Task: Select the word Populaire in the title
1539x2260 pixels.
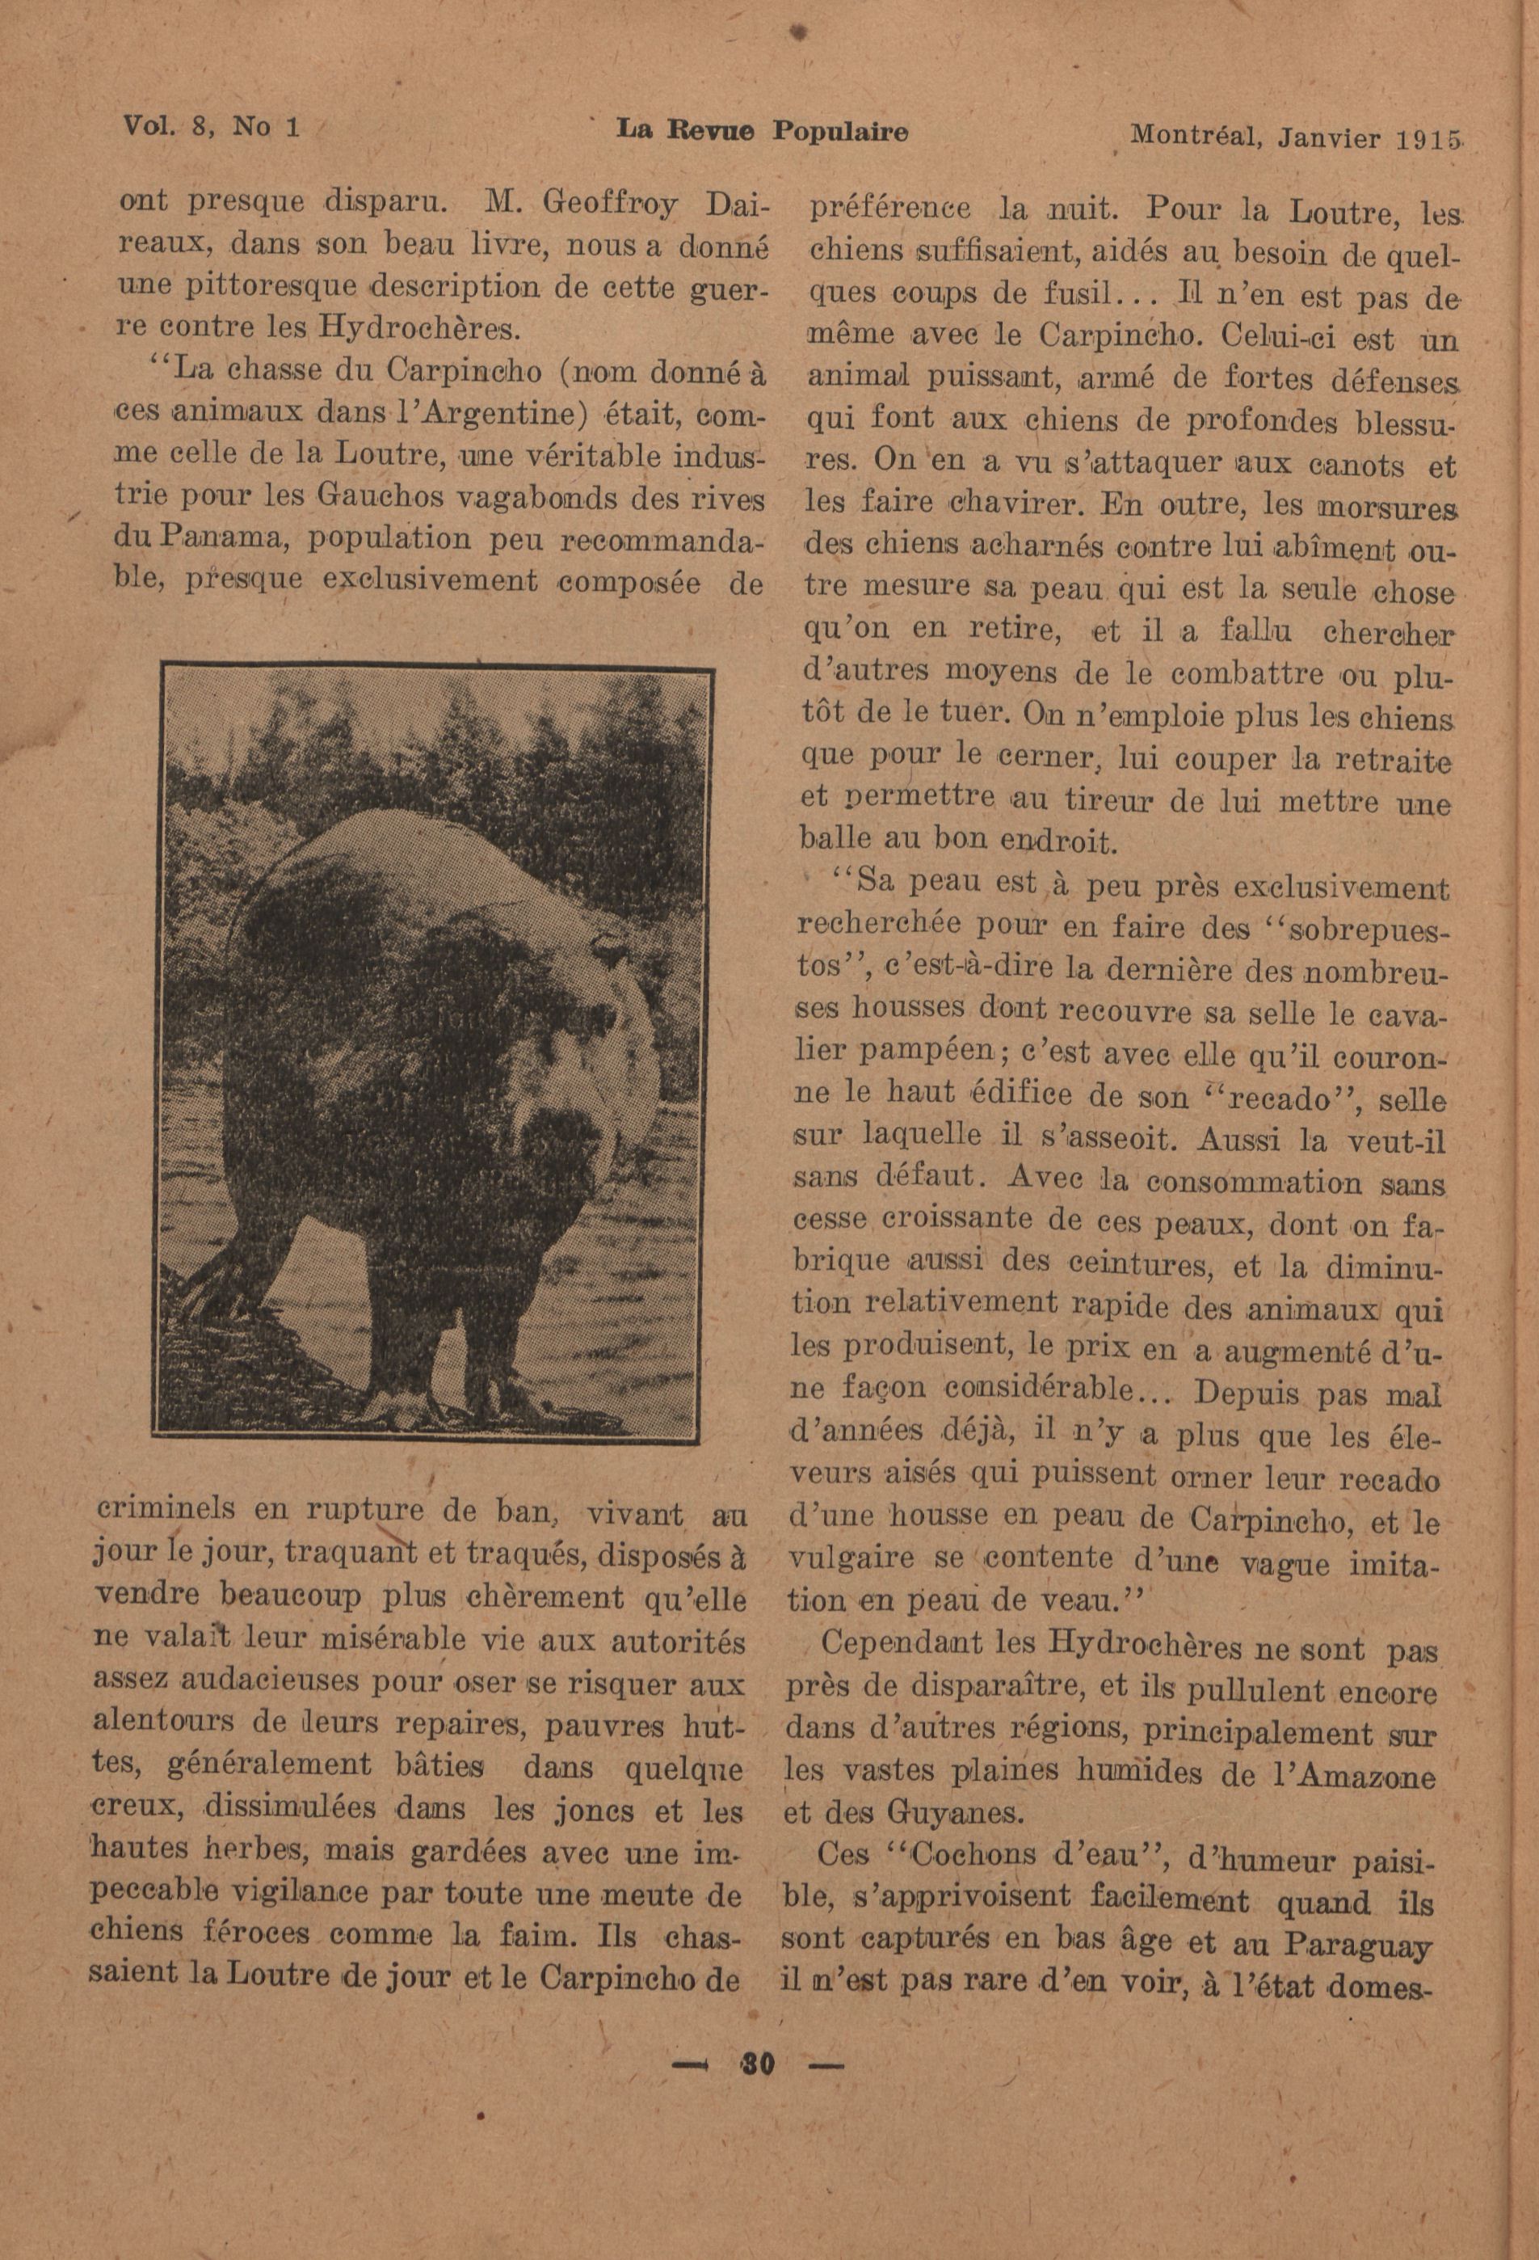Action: pyautogui.click(x=840, y=133)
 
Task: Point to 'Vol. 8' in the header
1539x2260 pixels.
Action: pyautogui.click(x=172, y=126)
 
